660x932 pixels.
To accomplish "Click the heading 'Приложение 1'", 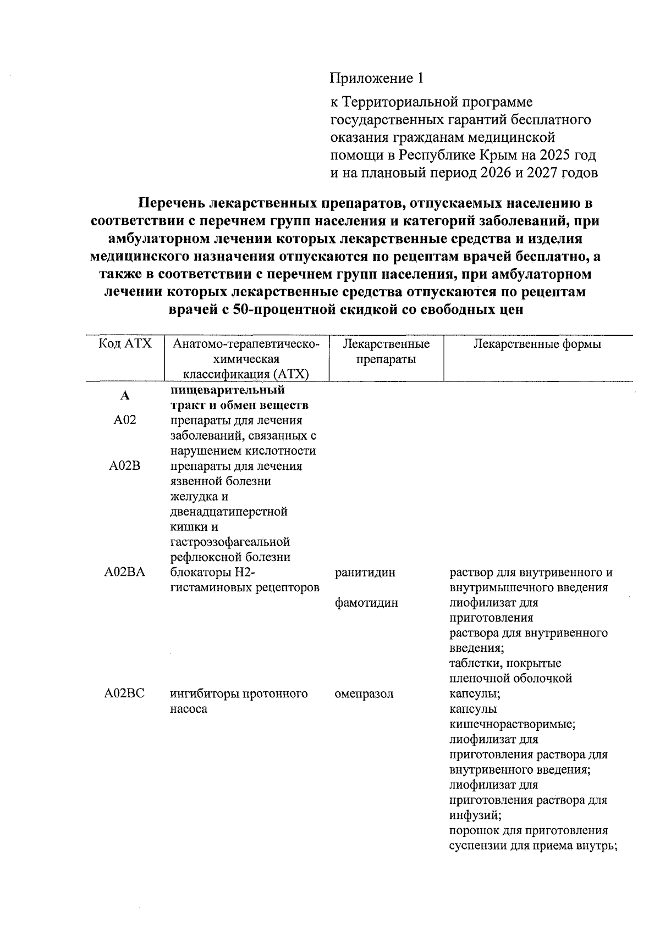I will point(377,78).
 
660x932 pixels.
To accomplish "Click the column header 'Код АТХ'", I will point(125,344).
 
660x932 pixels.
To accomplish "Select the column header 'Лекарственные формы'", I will point(537,344).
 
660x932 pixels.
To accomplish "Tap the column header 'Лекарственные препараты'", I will point(386,352).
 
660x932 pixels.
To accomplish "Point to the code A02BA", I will point(124,573).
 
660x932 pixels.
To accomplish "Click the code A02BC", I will point(124,694).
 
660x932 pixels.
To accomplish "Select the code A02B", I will point(124,466).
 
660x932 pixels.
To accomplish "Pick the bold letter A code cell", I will point(125,396).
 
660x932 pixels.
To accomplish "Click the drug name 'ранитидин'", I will point(365,573).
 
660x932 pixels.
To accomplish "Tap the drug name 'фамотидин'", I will point(366,603).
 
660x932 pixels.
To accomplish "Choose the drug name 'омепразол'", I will point(364,694).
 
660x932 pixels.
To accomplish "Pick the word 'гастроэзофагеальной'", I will point(230,542).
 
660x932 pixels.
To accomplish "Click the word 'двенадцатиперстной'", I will point(229,512).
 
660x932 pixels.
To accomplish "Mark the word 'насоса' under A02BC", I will point(189,709).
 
